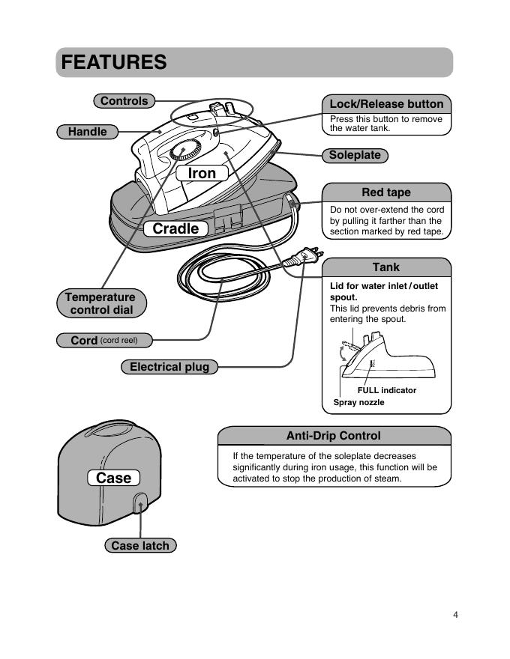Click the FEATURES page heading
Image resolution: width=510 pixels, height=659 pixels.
click(114, 62)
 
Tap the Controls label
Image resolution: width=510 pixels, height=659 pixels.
click(124, 101)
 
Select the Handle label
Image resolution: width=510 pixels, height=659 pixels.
click(88, 132)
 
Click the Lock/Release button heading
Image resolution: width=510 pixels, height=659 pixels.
click(386, 104)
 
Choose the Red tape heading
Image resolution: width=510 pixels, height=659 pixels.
click(386, 192)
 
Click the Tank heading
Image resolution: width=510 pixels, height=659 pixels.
click(386, 267)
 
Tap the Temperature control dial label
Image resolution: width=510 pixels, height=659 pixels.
click(100, 303)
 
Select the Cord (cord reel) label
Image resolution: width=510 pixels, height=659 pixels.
click(104, 340)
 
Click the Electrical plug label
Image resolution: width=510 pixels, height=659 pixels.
click(169, 367)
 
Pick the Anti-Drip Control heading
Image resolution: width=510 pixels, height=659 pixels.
click(334, 436)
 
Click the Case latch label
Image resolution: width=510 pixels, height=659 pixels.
click(140, 546)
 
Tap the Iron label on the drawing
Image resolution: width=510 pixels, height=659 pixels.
click(202, 173)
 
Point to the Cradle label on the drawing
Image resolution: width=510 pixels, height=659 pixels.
click(176, 228)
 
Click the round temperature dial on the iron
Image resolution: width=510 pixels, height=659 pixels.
click(183, 151)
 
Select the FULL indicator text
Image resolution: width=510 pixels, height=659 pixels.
click(387, 390)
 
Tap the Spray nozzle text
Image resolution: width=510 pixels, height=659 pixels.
click(358, 403)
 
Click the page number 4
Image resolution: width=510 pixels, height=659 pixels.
click(455, 615)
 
